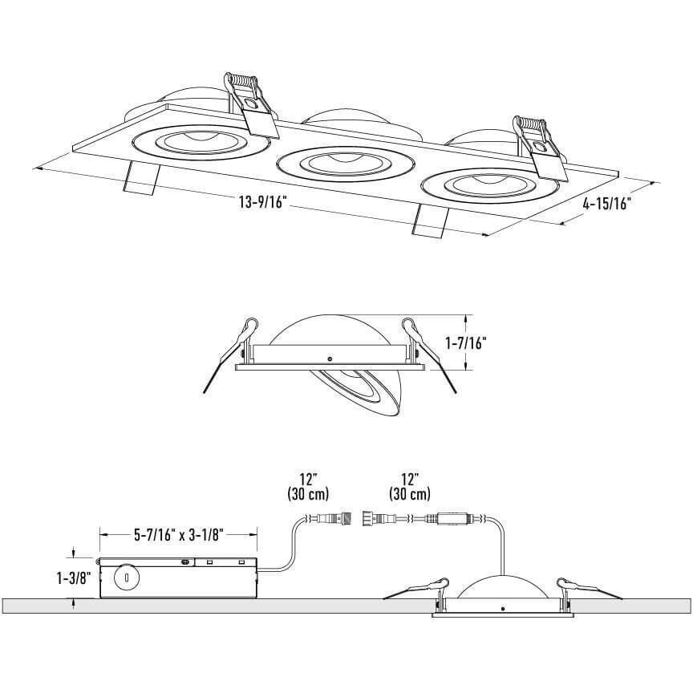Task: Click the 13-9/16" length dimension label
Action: click(x=263, y=203)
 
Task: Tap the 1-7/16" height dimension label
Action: click(x=466, y=342)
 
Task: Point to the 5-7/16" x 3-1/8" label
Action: click(x=177, y=533)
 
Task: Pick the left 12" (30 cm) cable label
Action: click(x=308, y=486)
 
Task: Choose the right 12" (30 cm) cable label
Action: click(x=409, y=486)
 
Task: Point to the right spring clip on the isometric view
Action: click(x=537, y=144)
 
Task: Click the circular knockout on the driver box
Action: click(x=125, y=577)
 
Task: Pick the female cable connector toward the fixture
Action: click(x=375, y=519)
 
